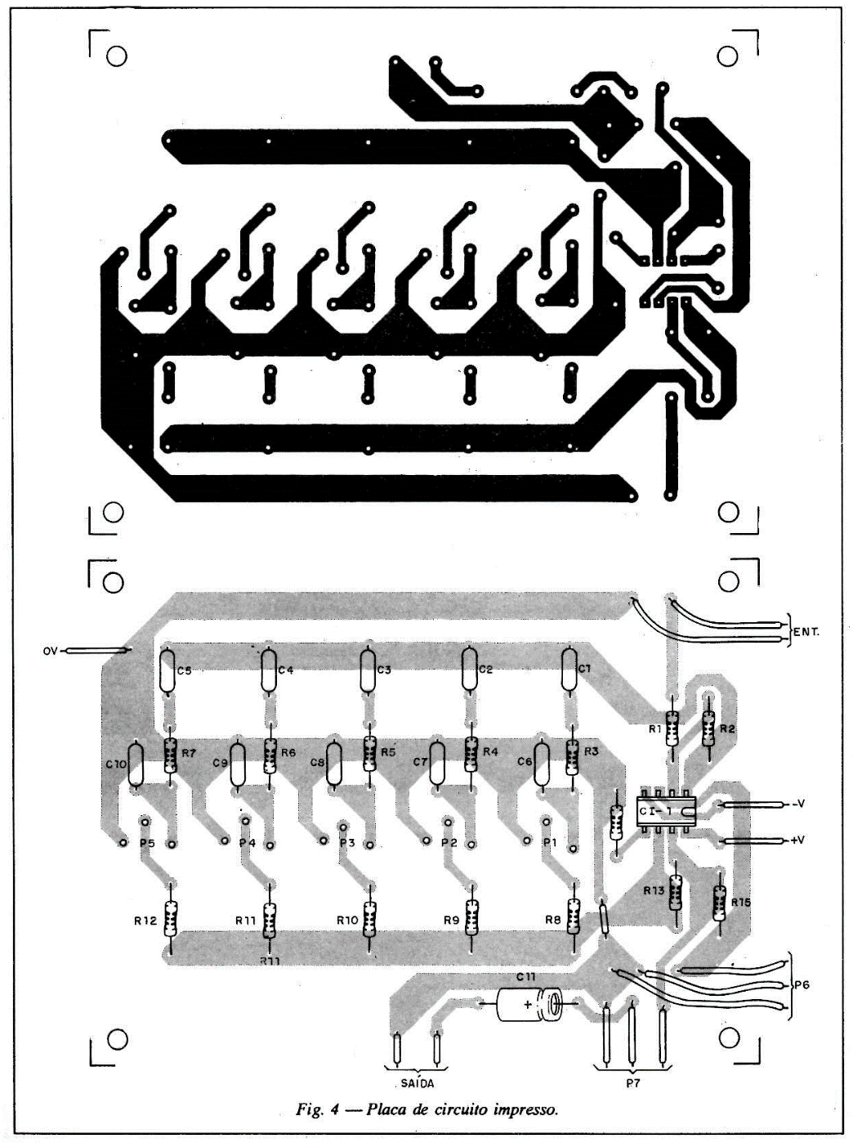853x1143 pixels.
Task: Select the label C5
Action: click(184, 670)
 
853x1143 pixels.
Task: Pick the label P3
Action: click(347, 843)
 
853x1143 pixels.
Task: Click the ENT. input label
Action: click(806, 633)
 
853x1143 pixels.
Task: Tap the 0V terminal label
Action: click(51, 651)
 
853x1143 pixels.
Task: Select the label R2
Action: click(728, 729)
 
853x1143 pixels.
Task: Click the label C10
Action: click(115, 764)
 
